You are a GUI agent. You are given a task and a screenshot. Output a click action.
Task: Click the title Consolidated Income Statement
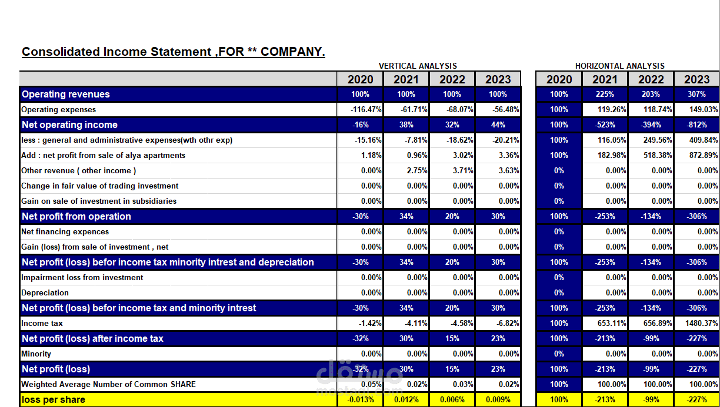173,52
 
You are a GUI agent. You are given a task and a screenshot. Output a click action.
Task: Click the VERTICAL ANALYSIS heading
418,66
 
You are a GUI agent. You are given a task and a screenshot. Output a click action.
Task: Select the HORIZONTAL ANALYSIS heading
620,66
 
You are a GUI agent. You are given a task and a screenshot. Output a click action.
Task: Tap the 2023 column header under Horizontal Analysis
696,79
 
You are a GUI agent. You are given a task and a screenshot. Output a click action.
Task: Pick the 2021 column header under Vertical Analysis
406,79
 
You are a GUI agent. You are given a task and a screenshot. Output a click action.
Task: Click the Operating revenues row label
66,94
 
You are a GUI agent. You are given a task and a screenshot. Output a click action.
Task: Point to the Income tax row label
42,323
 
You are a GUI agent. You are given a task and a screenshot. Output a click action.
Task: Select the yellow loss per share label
54,399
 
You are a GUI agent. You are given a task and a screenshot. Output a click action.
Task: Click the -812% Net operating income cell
696,125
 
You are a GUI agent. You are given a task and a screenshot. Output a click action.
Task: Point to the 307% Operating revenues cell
696,94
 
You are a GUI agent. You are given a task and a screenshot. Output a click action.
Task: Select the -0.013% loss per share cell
361,399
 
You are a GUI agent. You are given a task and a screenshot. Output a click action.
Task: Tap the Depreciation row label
45,292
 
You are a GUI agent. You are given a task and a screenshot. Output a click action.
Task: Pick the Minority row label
36,354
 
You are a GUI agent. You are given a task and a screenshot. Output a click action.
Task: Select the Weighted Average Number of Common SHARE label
108,384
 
